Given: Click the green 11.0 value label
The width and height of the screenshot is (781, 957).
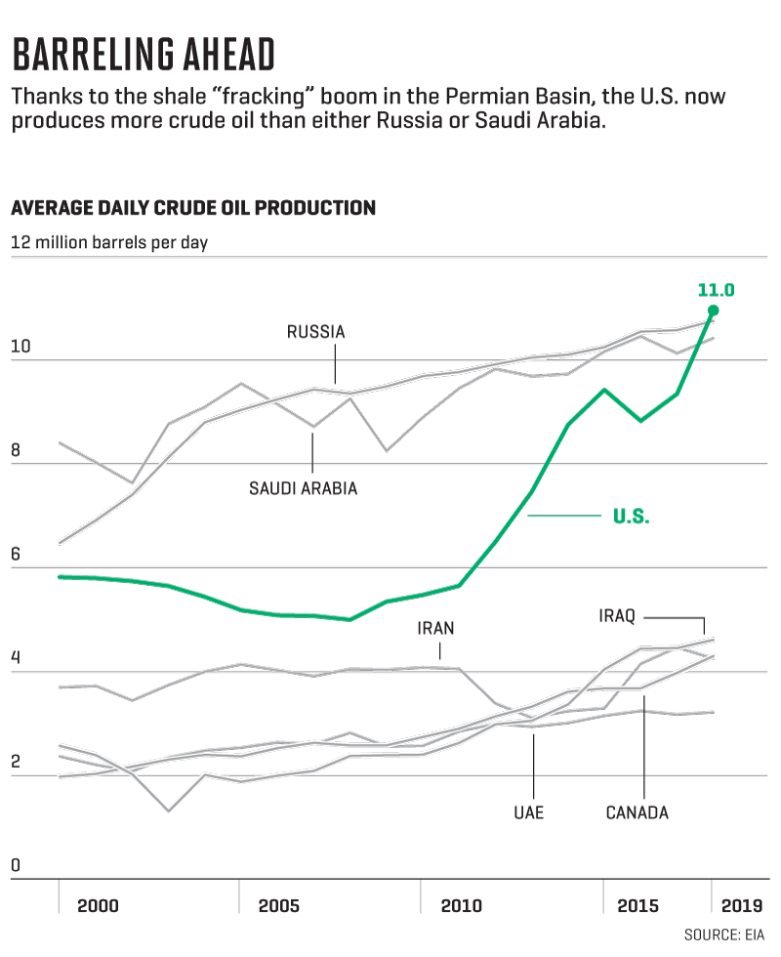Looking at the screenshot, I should (716, 289).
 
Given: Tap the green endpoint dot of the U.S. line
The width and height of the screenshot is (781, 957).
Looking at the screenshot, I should (713, 311).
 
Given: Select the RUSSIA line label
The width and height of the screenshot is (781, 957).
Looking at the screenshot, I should (315, 332).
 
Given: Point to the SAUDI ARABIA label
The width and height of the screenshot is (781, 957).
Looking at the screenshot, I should (303, 488).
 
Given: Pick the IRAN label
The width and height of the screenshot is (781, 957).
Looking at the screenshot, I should (435, 629).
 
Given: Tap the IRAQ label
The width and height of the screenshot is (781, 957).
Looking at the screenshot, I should (617, 616).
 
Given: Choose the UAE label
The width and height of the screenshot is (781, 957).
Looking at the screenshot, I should (529, 812).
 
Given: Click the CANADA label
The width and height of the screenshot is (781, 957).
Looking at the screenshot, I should (637, 812).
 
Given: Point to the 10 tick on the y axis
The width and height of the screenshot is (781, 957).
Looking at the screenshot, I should (20, 347).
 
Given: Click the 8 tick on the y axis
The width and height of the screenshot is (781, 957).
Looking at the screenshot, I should (16, 451).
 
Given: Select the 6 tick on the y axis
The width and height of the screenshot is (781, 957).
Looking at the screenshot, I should (16, 553).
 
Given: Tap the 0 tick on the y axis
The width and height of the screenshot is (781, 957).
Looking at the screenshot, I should (16, 865).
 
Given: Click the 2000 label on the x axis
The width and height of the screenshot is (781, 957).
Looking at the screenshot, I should (98, 905).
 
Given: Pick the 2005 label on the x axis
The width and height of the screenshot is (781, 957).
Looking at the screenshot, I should (279, 905).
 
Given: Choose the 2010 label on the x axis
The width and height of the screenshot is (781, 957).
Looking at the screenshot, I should (461, 905).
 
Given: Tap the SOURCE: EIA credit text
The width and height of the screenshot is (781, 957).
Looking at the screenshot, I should (724, 936).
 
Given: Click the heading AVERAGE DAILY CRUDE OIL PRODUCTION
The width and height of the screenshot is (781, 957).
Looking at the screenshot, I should (192, 208).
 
